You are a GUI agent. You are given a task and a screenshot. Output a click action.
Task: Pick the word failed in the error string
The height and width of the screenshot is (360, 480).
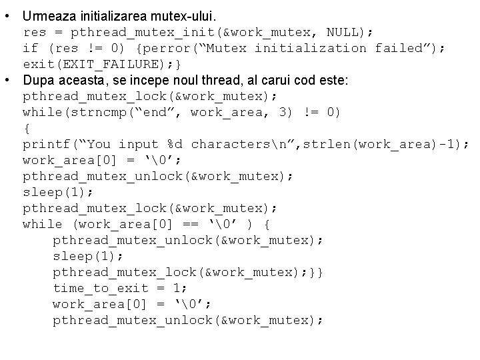pos(403,48)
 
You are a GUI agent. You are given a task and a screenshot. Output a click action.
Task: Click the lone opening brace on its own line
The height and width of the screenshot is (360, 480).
pos(26,128)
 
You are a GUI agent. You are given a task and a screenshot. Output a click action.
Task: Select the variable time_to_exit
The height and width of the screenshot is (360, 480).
pos(97,288)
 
